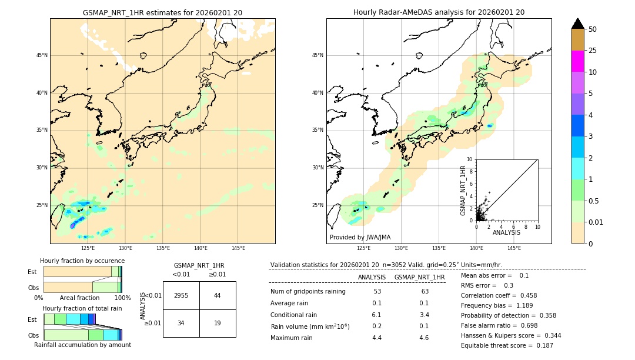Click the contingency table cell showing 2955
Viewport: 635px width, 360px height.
point(181,295)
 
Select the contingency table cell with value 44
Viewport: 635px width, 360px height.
point(218,295)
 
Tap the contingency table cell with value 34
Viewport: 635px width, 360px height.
point(181,323)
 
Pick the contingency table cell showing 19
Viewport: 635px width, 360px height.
point(218,323)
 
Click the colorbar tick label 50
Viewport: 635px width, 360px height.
point(593,29)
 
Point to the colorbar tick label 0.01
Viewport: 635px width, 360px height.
point(596,222)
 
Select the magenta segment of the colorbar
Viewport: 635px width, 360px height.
point(577,61)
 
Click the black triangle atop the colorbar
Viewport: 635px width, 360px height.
point(577,24)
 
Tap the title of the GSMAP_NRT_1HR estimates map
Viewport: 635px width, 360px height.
point(162,12)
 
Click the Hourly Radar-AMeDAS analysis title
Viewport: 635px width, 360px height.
point(439,12)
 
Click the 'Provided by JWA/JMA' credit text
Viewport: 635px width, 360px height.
point(360,238)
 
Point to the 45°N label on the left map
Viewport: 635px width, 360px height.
point(42,55)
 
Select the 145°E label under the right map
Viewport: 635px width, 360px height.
point(514,248)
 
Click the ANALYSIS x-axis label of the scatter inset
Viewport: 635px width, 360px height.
point(506,233)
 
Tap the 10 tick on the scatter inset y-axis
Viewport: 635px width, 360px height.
point(470,159)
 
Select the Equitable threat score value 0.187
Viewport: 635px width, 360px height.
point(540,345)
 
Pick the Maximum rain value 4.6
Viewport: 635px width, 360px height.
point(423,338)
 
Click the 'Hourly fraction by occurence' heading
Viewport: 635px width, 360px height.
point(82,261)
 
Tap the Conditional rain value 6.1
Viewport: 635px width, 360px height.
point(377,315)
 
